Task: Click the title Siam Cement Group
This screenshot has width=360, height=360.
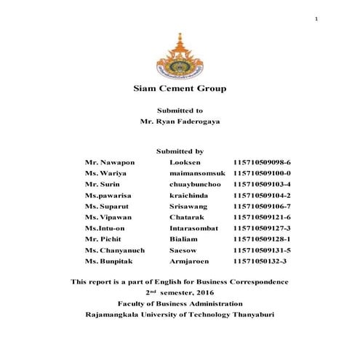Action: pyautogui.click(x=180, y=89)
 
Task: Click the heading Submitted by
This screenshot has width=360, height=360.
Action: pyautogui.click(x=180, y=151)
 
